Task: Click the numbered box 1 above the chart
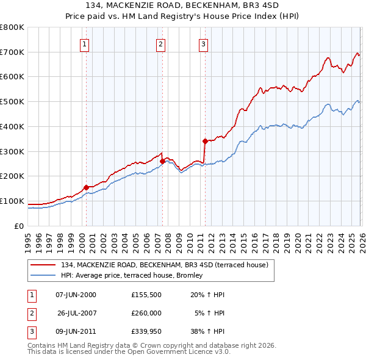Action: [84, 44]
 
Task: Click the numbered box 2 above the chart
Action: [160, 44]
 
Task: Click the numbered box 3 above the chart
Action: [203, 44]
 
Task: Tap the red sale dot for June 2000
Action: [86, 187]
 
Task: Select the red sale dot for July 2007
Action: [162, 161]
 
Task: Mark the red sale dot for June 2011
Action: [204, 141]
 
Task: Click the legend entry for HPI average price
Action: [134, 276]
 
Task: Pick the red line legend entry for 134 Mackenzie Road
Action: [165, 265]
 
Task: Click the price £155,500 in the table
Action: [146, 295]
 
